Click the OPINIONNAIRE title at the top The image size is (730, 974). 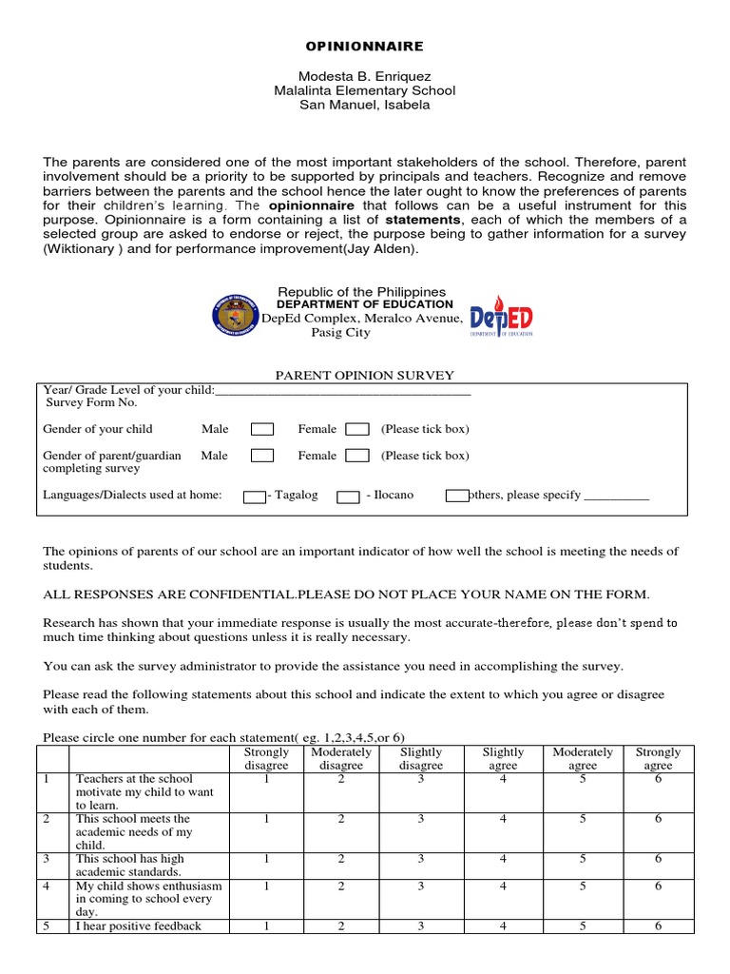(x=364, y=46)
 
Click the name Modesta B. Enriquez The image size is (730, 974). (x=364, y=75)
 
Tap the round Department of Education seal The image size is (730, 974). (x=235, y=315)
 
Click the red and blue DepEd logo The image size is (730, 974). (x=502, y=315)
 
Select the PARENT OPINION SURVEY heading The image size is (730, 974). (x=364, y=376)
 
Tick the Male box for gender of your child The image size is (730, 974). (x=262, y=429)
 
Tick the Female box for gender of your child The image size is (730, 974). (x=357, y=429)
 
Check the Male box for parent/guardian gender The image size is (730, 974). (x=262, y=456)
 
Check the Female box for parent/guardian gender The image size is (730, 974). (x=357, y=456)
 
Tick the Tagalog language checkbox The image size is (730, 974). (x=255, y=497)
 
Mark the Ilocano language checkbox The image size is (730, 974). (x=348, y=497)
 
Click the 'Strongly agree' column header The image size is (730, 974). (x=658, y=758)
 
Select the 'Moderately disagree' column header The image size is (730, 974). (x=341, y=758)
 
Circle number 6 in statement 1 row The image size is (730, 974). (x=658, y=779)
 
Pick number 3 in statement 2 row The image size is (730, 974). (x=420, y=819)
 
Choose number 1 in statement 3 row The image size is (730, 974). (x=267, y=859)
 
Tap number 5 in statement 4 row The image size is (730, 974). (x=582, y=886)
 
